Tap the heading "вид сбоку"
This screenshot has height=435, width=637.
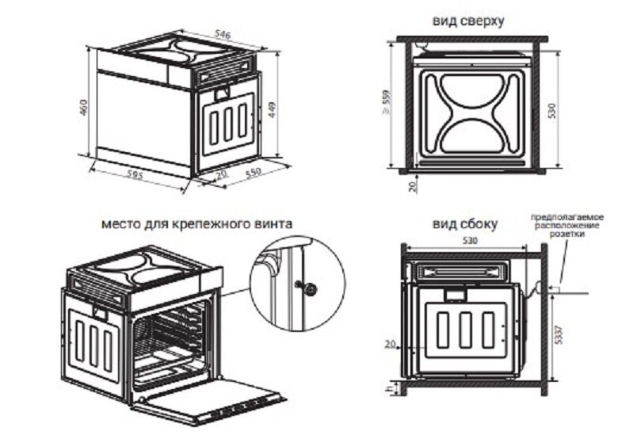[465, 224]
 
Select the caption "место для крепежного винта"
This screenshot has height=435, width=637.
[196, 223]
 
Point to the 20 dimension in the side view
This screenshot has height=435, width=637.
[388, 343]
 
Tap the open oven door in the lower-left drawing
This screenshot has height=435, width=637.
[214, 396]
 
